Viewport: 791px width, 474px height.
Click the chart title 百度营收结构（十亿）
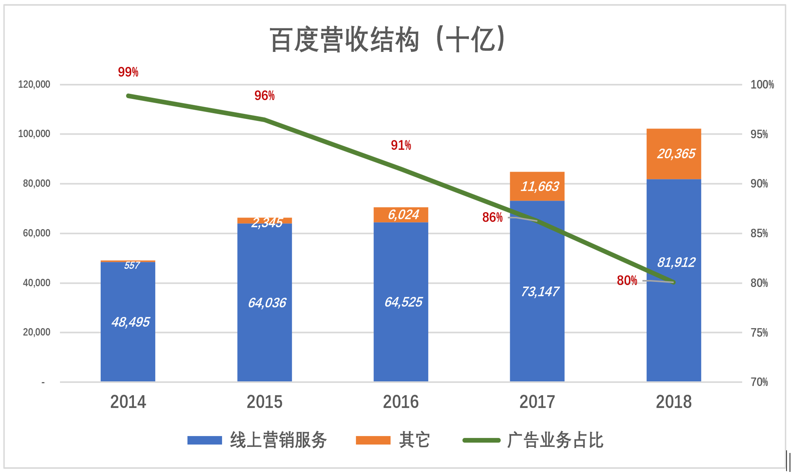[x=387, y=39]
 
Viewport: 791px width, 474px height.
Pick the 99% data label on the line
[x=128, y=72]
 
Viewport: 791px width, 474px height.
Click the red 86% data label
[x=492, y=218]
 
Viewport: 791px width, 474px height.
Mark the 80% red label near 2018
[x=627, y=281]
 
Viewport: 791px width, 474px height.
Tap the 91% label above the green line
[x=401, y=145]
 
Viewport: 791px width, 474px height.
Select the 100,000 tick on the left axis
[x=34, y=134]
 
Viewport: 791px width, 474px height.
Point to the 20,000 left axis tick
[x=36, y=332]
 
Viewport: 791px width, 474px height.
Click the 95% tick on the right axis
[x=759, y=134]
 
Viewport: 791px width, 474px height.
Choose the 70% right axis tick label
[x=759, y=382]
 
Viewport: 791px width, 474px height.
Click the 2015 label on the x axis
[x=264, y=402]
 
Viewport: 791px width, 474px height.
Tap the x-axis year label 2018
[x=674, y=402]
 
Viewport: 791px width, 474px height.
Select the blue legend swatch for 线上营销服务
[x=205, y=440]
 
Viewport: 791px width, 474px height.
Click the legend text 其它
[x=414, y=440]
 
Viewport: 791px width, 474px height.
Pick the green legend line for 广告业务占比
[x=481, y=440]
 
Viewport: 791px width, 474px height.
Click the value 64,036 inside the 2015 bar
[x=267, y=303]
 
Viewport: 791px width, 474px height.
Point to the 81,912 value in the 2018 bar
[x=676, y=262]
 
